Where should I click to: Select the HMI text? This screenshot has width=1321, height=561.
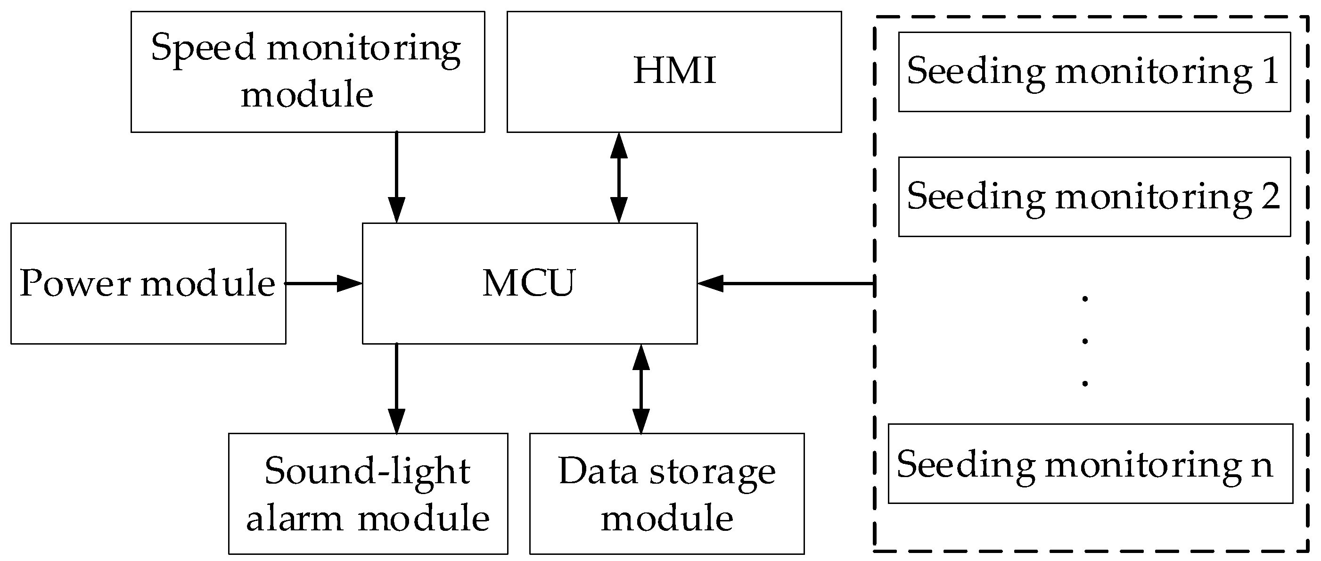[674, 71]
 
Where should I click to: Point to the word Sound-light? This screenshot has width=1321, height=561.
[367, 471]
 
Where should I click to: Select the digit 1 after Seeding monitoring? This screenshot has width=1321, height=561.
[1270, 71]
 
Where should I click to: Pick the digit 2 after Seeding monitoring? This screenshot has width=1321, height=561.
[1270, 196]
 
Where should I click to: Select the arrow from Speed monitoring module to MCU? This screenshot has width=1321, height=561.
[396, 177]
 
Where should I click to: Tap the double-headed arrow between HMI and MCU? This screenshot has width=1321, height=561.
[619, 177]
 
